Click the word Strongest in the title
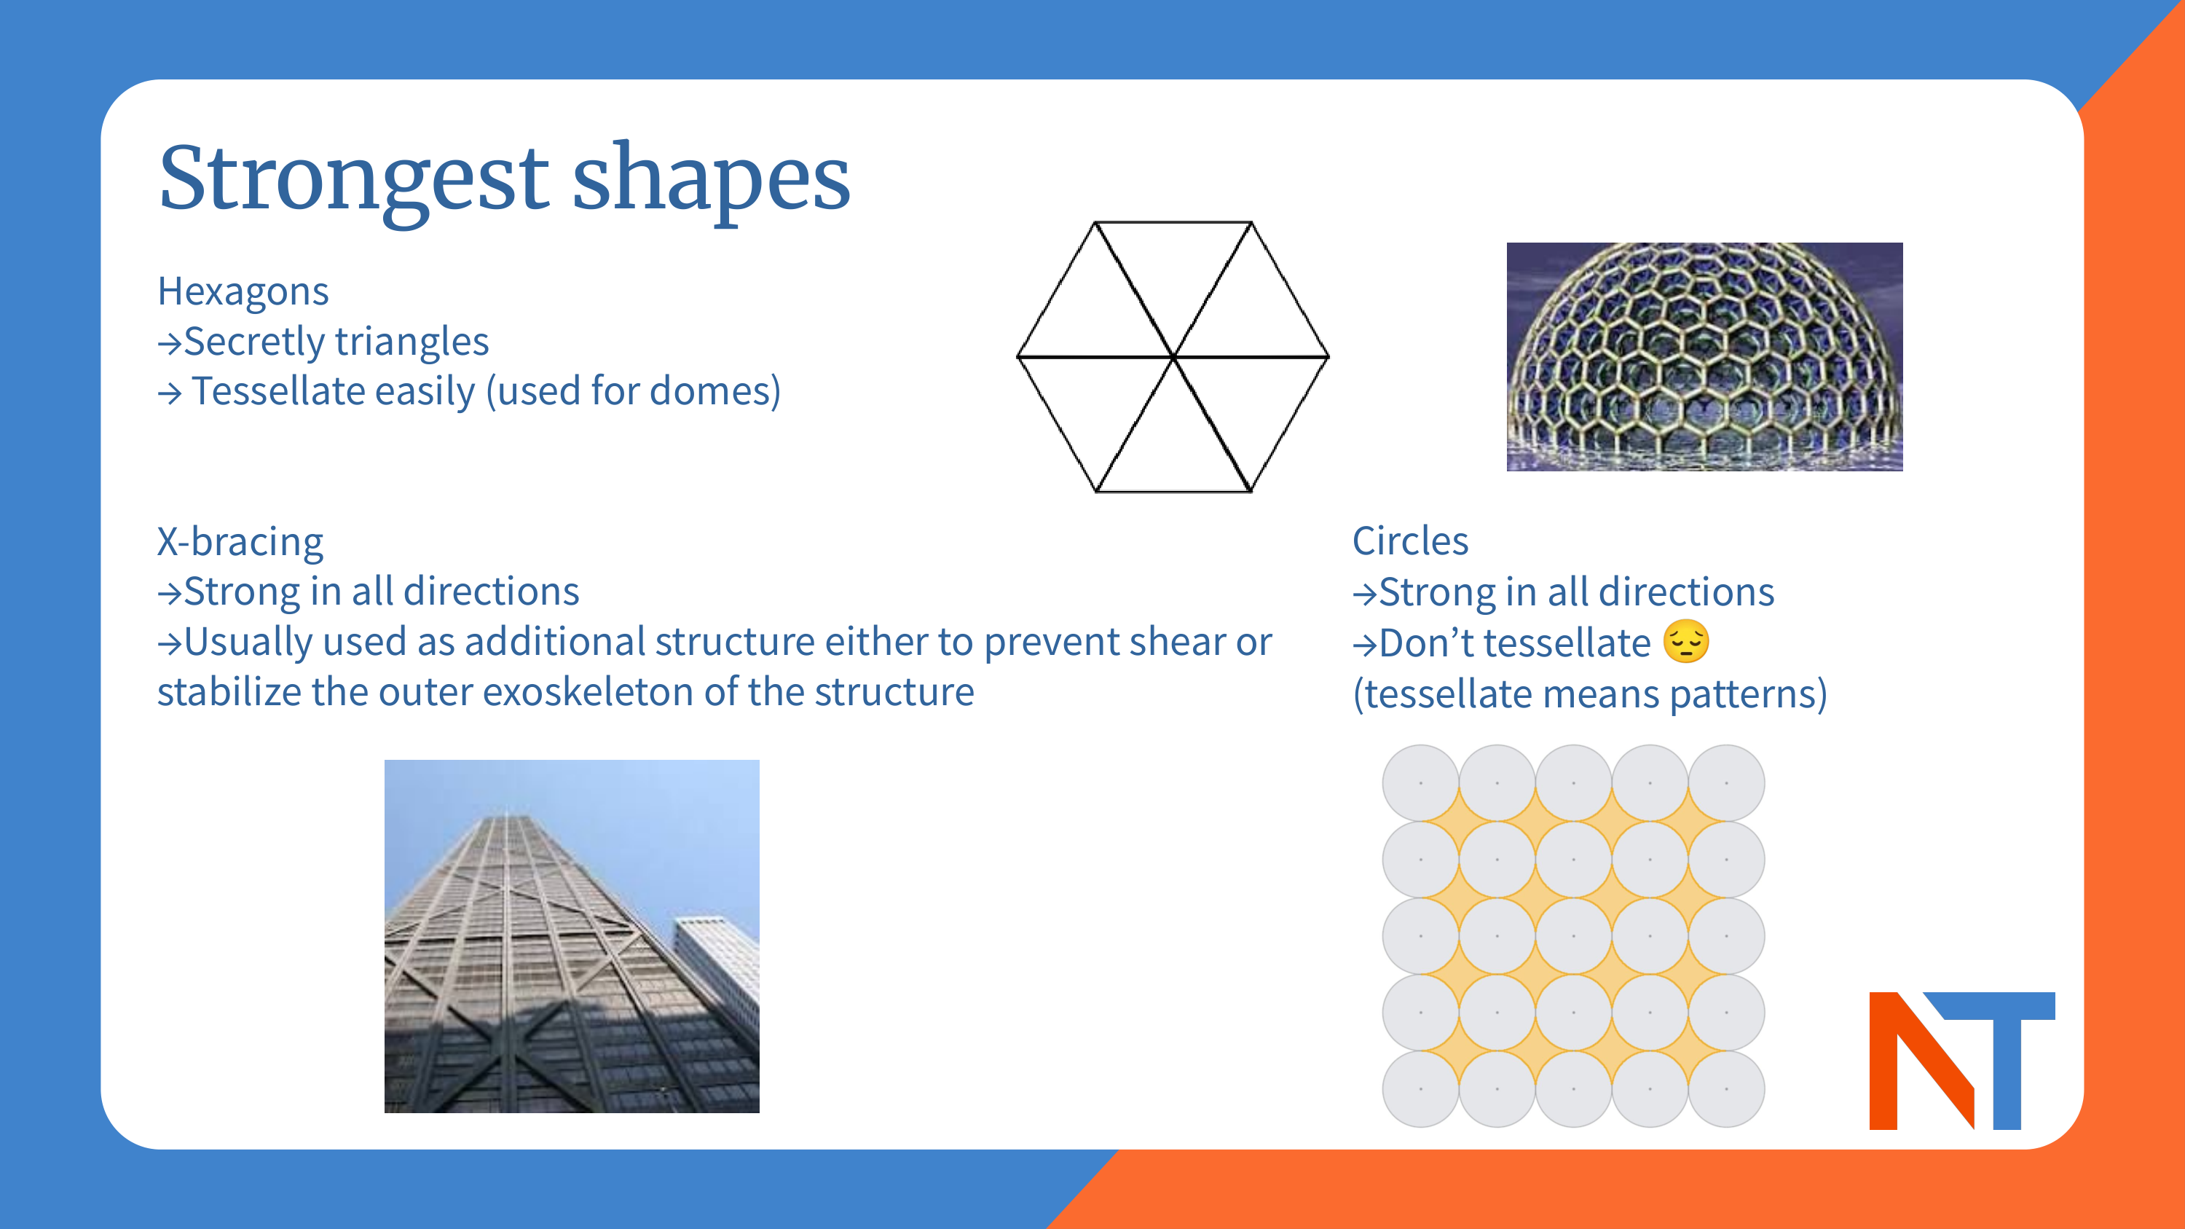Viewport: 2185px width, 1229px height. tap(354, 180)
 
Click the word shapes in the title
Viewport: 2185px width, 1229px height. tap(711, 180)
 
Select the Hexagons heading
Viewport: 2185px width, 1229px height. tap(243, 292)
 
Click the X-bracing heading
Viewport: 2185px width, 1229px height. tap(240, 541)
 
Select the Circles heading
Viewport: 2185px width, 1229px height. tap(1410, 541)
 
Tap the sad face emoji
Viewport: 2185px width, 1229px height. tap(1685, 641)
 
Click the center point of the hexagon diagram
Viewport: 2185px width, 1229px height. tap(1173, 357)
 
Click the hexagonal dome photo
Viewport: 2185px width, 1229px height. tap(1704, 357)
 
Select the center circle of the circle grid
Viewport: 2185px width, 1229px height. tap(1573, 935)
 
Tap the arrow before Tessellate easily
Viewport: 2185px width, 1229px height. tap(170, 393)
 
